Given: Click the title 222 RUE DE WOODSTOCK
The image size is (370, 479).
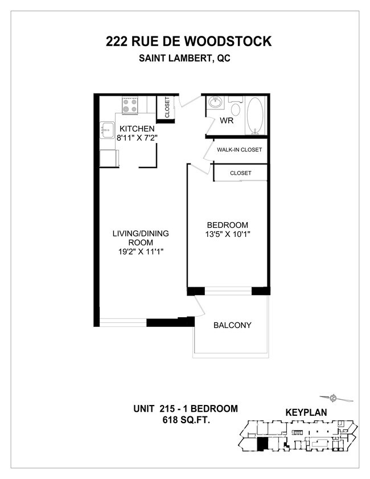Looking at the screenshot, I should point(188,42).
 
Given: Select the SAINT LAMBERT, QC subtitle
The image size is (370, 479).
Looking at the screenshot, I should point(188,58).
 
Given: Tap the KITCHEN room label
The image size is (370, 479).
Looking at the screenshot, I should point(137,129).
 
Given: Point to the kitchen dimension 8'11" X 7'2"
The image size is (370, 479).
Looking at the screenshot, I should point(137,138).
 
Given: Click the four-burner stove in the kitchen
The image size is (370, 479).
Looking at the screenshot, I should point(130,106).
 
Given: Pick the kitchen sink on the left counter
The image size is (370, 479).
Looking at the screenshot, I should point(106,129).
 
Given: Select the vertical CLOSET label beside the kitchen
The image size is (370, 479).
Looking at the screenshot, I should point(167,108).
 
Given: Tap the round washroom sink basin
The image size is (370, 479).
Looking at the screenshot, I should point(216,104).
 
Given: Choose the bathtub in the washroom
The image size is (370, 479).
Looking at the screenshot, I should point(256,116).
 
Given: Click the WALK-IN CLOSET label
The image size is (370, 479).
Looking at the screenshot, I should point(239,150).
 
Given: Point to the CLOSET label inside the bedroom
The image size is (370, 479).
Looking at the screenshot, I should point(240,173).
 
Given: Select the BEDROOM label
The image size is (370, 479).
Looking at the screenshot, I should point(227,224).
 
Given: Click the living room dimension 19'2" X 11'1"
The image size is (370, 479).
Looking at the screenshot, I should point(140,251).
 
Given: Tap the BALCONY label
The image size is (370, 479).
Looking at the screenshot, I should point(232,325).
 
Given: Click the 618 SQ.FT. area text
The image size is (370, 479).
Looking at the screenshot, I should point(185,420).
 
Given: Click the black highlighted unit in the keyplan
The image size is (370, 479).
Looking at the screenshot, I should point(262,444).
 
